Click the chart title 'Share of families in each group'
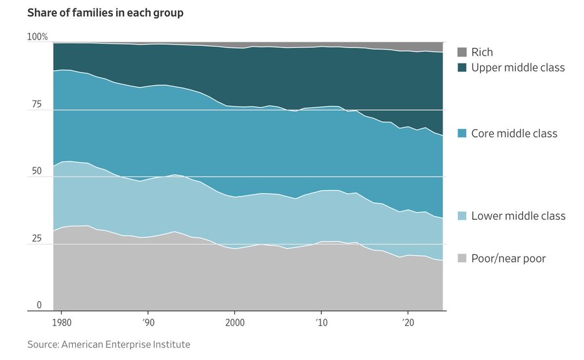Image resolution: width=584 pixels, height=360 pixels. pyautogui.click(x=105, y=13)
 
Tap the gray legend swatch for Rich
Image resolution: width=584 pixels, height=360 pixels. pyautogui.click(x=461, y=53)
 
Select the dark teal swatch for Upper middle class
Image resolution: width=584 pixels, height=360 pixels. pyautogui.click(x=461, y=67)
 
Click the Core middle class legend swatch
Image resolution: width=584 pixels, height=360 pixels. pyautogui.click(x=461, y=134)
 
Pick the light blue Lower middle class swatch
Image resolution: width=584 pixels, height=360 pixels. pyautogui.click(x=461, y=215)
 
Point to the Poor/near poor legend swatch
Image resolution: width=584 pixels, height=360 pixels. pyautogui.click(x=461, y=258)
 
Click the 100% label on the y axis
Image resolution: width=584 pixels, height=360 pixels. pyautogui.click(x=37, y=37)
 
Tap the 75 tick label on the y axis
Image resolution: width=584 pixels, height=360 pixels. pyautogui.click(x=36, y=104)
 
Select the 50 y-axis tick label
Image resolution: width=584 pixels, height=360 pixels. pyautogui.click(x=36, y=172)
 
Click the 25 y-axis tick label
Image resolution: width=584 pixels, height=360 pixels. pyautogui.click(x=36, y=239)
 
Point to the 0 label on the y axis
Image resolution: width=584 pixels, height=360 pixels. pyautogui.click(x=39, y=305)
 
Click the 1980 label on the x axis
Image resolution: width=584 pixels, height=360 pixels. pyautogui.click(x=62, y=322)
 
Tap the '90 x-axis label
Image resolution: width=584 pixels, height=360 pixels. pyautogui.click(x=148, y=322)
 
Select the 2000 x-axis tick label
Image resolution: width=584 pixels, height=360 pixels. pyautogui.click(x=234, y=322)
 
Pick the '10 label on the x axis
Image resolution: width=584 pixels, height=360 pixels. pyautogui.click(x=321, y=322)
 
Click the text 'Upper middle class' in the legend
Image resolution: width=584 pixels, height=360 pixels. pyautogui.click(x=518, y=67)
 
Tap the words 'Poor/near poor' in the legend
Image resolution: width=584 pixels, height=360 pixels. pyautogui.click(x=509, y=258)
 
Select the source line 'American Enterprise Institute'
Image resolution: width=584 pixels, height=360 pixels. pyautogui.click(x=108, y=344)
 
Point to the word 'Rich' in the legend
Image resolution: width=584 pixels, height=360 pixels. pyautogui.click(x=482, y=53)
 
